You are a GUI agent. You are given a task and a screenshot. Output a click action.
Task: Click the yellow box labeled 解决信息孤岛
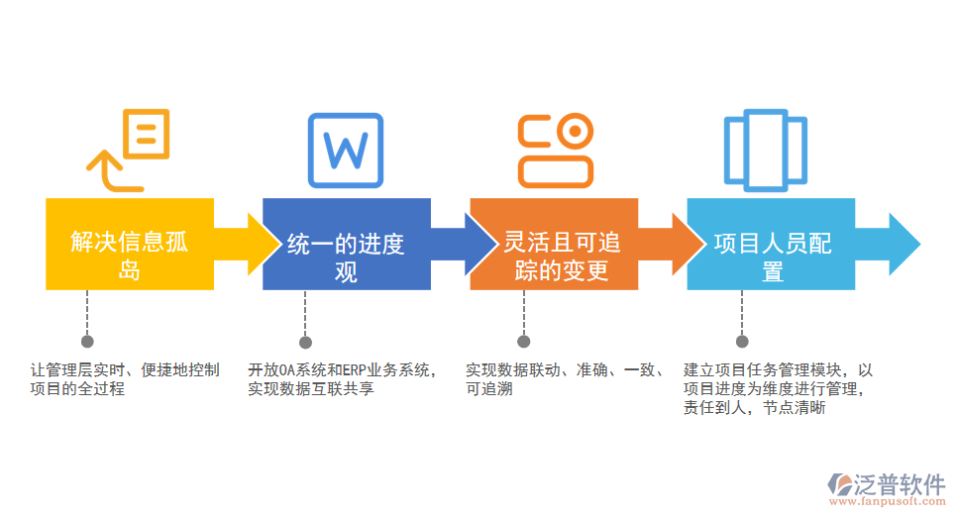tap(130, 244)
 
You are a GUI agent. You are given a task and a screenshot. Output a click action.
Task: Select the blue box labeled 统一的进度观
tap(346, 244)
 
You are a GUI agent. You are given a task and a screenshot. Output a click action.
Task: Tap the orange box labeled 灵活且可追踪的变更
tap(562, 244)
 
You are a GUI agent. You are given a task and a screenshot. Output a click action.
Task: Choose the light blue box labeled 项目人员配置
tap(771, 244)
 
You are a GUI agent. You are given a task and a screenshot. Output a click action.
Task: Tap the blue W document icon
tap(345, 151)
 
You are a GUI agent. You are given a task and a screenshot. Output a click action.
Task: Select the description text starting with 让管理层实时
tap(125, 379)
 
